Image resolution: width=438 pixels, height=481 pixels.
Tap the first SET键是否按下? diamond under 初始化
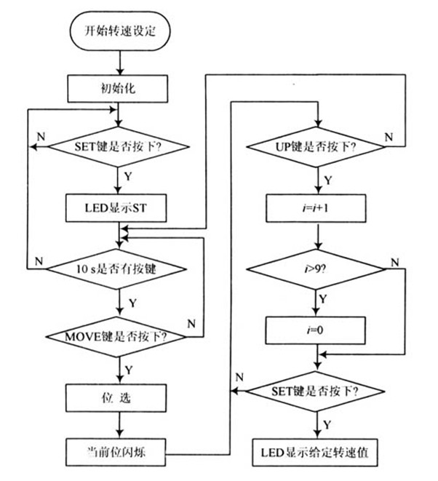(119, 146)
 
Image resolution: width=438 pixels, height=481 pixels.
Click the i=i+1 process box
(316, 208)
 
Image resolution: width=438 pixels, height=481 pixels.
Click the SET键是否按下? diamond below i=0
(316, 390)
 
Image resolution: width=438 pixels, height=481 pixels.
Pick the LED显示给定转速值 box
(316, 450)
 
